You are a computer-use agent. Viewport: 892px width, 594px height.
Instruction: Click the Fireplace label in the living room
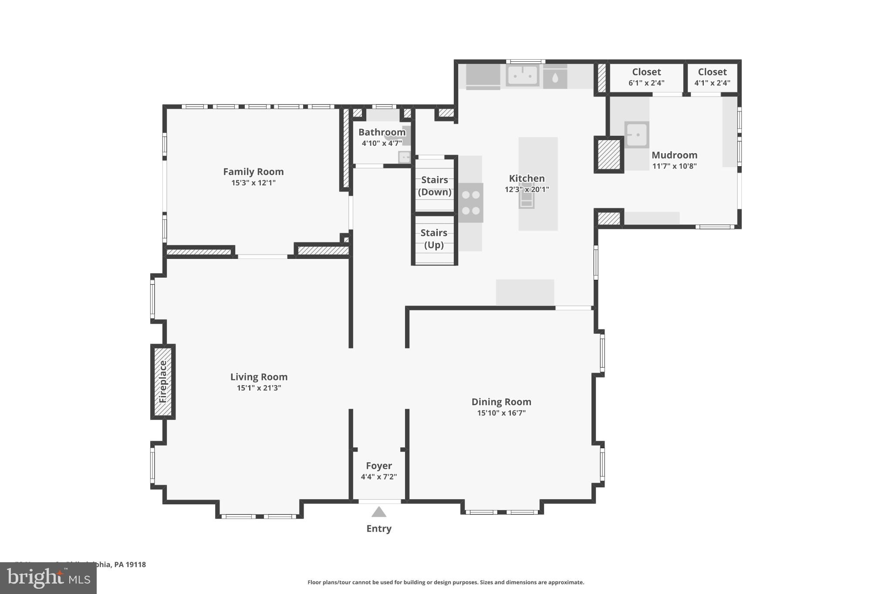click(163, 382)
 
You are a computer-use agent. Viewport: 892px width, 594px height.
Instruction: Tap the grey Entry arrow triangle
click(379, 512)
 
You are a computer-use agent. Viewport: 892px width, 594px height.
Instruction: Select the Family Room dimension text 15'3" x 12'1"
click(253, 183)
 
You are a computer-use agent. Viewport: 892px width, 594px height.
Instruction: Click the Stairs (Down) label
click(434, 186)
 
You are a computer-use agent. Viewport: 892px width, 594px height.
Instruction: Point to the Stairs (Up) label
click(434, 239)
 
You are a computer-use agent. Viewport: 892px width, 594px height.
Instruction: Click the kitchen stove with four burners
click(471, 203)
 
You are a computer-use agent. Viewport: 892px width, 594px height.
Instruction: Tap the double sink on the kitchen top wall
click(523, 76)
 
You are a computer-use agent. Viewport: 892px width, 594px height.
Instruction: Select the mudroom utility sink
click(636, 135)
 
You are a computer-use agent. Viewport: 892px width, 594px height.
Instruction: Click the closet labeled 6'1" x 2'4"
click(646, 77)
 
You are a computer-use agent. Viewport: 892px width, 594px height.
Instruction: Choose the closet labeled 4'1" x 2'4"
click(712, 77)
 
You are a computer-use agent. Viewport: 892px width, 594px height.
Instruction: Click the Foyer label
click(379, 466)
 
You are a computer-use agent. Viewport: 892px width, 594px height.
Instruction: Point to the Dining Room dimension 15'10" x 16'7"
click(501, 413)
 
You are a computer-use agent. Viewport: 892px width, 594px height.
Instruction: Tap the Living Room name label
click(259, 377)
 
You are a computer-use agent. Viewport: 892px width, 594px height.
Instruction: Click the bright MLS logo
click(48, 578)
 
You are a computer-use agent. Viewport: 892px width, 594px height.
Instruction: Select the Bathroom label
click(382, 132)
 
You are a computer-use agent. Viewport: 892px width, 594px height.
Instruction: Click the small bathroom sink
click(405, 157)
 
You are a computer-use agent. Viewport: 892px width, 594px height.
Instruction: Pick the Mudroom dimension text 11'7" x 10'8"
click(674, 166)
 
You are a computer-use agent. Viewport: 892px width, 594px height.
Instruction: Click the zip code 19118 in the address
click(135, 564)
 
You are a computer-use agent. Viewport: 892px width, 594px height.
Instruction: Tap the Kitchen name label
click(527, 178)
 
